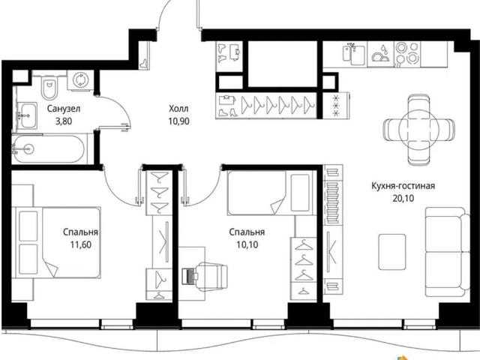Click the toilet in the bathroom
coord(49,88)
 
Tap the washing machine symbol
coord(80,80)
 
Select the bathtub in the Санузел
coord(49,149)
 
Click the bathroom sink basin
coord(28,115)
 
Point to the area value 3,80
coord(64,121)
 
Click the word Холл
coord(178,108)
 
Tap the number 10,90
coord(178,121)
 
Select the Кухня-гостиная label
coord(403,186)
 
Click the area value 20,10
coord(403,198)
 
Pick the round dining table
coord(419,130)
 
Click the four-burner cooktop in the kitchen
coord(407,54)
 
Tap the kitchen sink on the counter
coord(354,54)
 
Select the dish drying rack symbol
coord(380,54)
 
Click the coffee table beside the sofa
coord(392,252)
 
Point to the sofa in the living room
coord(447,252)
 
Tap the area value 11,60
coord(81,244)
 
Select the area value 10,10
coord(247,244)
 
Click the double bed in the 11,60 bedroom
coord(56,242)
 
